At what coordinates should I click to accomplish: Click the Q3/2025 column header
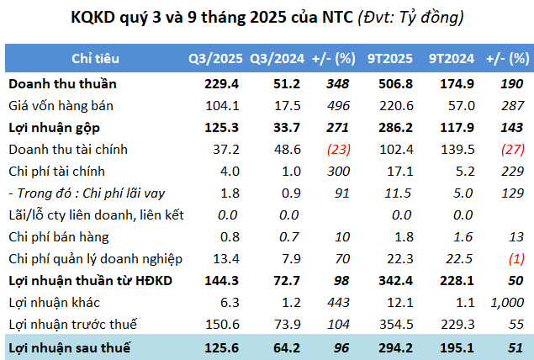coord(216,58)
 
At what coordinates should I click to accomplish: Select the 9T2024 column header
coord(450,58)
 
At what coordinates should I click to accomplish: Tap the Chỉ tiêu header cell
coord(95,58)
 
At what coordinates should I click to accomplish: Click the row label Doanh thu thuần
coord(62,84)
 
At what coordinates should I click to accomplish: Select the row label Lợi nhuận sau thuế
coord(63,347)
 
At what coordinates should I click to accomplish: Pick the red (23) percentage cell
coord(335,150)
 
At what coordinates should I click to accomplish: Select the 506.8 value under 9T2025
coord(392,84)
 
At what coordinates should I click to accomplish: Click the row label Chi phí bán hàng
coord(60,237)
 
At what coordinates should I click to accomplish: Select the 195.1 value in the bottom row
coord(451,347)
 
